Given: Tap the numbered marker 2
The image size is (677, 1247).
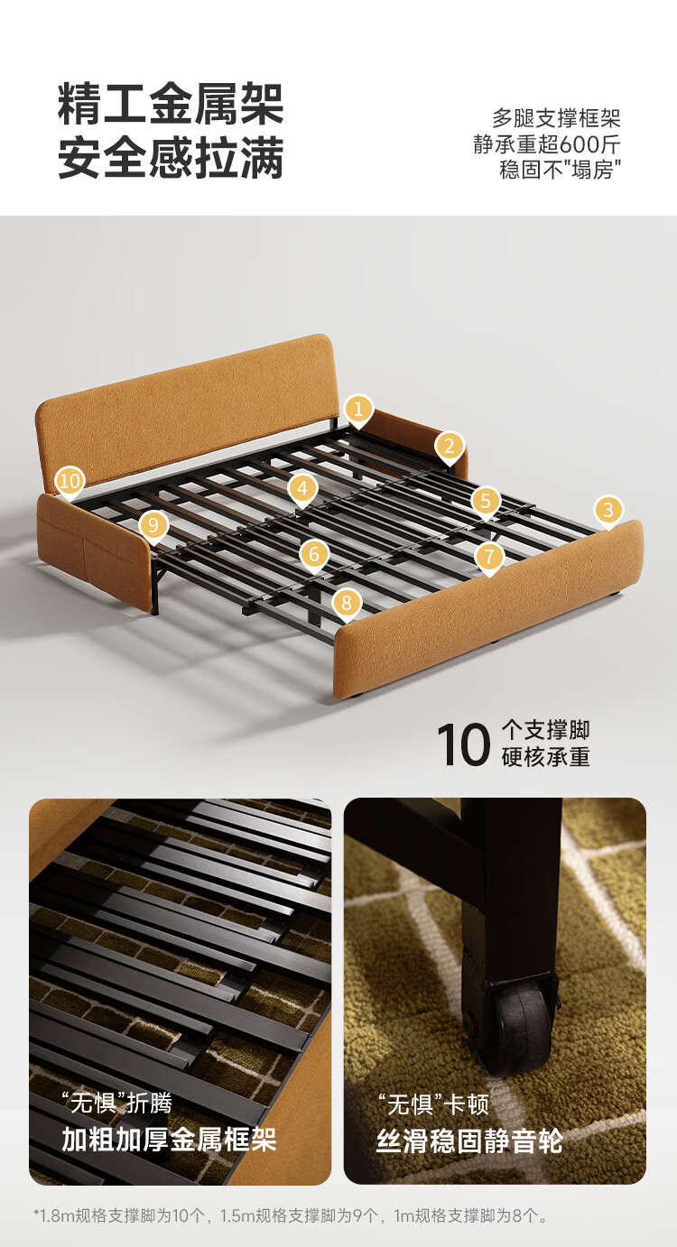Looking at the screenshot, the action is [450, 447].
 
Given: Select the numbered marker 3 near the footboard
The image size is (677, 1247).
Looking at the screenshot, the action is [608, 510].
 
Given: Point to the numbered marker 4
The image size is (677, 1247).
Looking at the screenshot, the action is [302, 489].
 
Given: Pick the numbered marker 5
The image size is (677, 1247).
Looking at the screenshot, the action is [486, 502].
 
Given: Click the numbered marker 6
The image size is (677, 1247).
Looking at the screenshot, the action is [314, 555].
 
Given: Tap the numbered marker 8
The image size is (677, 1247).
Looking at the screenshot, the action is [347, 604].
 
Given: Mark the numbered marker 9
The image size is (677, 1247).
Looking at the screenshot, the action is [153, 525].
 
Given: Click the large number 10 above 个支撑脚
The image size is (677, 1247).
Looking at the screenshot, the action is [463, 744].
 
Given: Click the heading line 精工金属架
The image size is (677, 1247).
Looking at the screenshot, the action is [171, 105].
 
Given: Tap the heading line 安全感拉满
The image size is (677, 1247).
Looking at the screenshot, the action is [171, 157].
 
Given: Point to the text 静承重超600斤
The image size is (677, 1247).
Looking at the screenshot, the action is [547, 144].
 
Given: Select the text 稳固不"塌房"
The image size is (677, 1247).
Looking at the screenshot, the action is [560, 170].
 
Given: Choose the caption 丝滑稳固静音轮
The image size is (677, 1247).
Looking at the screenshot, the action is [469, 1141].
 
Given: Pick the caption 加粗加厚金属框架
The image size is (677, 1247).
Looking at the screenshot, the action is [169, 1139].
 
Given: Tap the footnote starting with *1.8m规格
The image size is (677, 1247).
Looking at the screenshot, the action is [290, 1215].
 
